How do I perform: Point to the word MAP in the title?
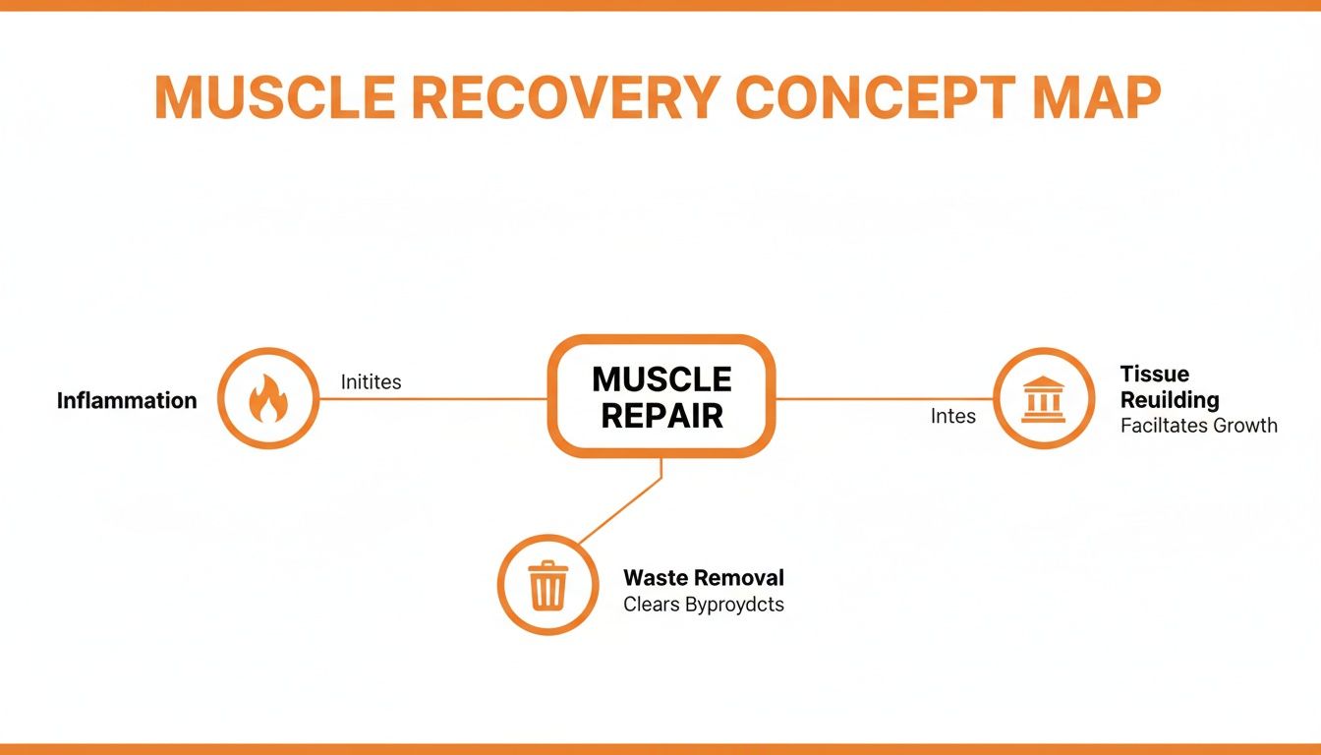pos(1094,96)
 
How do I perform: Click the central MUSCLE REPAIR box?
pos(661,396)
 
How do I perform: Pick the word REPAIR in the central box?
pos(661,416)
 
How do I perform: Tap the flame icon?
pos(267,399)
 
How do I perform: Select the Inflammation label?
pos(127,400)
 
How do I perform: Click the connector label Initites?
pos(371,381)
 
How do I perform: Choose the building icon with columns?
pos(1044,399)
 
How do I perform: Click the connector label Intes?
pos(952,417)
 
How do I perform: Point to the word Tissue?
pos(1154,374)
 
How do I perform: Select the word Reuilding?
pos(1170,400)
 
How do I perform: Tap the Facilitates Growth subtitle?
pos(1198,426)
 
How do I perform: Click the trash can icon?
pos(547,585)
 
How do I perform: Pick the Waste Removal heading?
pos(704,577)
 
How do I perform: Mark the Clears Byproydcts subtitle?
pos(704,604)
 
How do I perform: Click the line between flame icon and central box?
pos(432,399)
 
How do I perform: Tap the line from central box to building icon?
pos(885,399)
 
